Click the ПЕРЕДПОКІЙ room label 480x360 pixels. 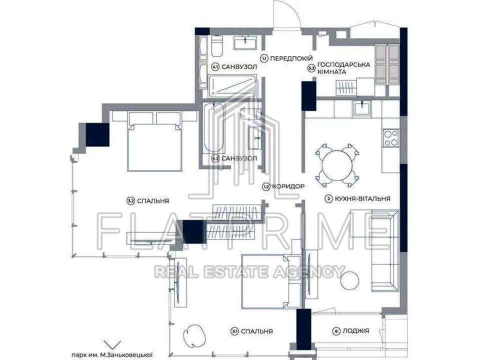coord(291,58)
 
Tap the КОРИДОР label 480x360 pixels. coord(288,186)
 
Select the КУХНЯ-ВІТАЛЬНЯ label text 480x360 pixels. coord(362,198)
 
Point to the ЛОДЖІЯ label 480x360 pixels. coord(355,331)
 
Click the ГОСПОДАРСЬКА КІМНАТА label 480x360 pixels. coord(343,68)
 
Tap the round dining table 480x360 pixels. coord(337,165)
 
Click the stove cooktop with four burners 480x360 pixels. coord(390,138)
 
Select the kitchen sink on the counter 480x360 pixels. coord(362,108)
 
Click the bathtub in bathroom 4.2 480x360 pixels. coord(213,127)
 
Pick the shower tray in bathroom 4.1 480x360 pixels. coord(232,86)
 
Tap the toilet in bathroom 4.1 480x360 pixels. coord(216,46)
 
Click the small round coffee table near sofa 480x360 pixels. coord(350,279)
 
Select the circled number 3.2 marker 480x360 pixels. coord(130,201)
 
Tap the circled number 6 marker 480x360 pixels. coord(336,331)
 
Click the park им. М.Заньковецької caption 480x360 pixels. coord(112,355)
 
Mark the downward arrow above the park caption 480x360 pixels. coord(112,344)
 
